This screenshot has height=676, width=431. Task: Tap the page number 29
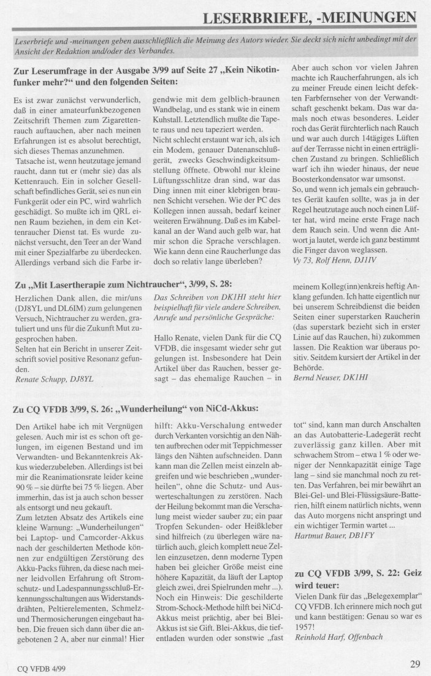coord(415,663)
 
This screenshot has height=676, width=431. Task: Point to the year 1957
coord(303,626)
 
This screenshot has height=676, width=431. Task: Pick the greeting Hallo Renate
coord(178,337)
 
